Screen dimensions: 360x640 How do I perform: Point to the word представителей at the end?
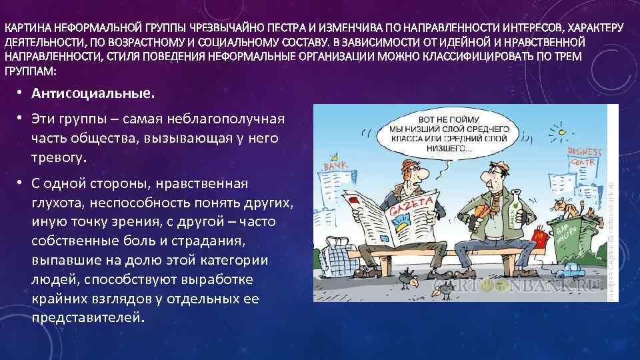coord(87,317)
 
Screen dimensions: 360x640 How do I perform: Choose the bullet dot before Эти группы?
coord(21,119)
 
